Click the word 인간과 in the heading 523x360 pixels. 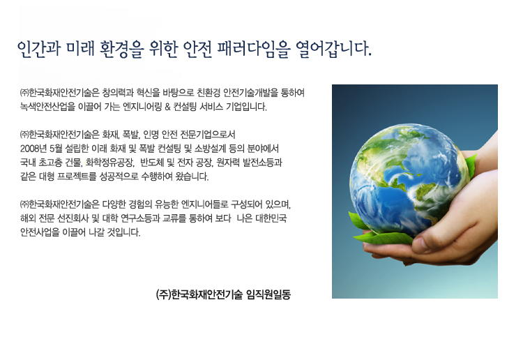(38, 49)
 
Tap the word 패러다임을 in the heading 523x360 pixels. (254, 49)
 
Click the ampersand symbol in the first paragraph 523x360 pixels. (167, 107)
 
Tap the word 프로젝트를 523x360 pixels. (77, 177)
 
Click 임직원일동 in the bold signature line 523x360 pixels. (268, 294)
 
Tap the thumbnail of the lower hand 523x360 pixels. (421, 245)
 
